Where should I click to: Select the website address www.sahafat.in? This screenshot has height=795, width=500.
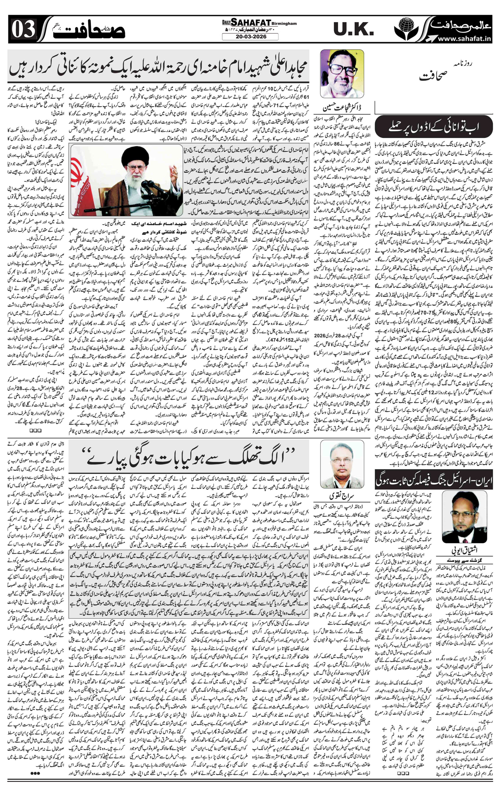point(464,38)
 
